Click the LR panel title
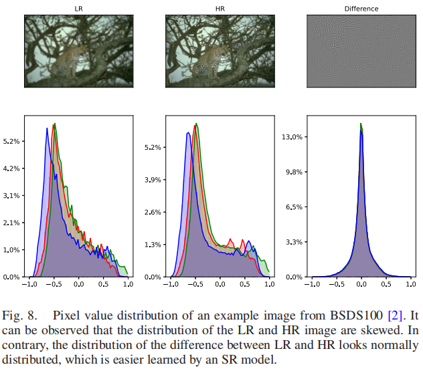79,9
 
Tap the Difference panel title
361,9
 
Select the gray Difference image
361,51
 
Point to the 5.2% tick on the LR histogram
13,142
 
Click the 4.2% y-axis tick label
13,168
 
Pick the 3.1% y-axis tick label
13,196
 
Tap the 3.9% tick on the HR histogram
154,180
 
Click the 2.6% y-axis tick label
154,212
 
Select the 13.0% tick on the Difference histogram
293,136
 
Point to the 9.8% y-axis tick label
295,172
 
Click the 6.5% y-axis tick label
295,207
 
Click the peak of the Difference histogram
361,124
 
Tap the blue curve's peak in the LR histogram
47,128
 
